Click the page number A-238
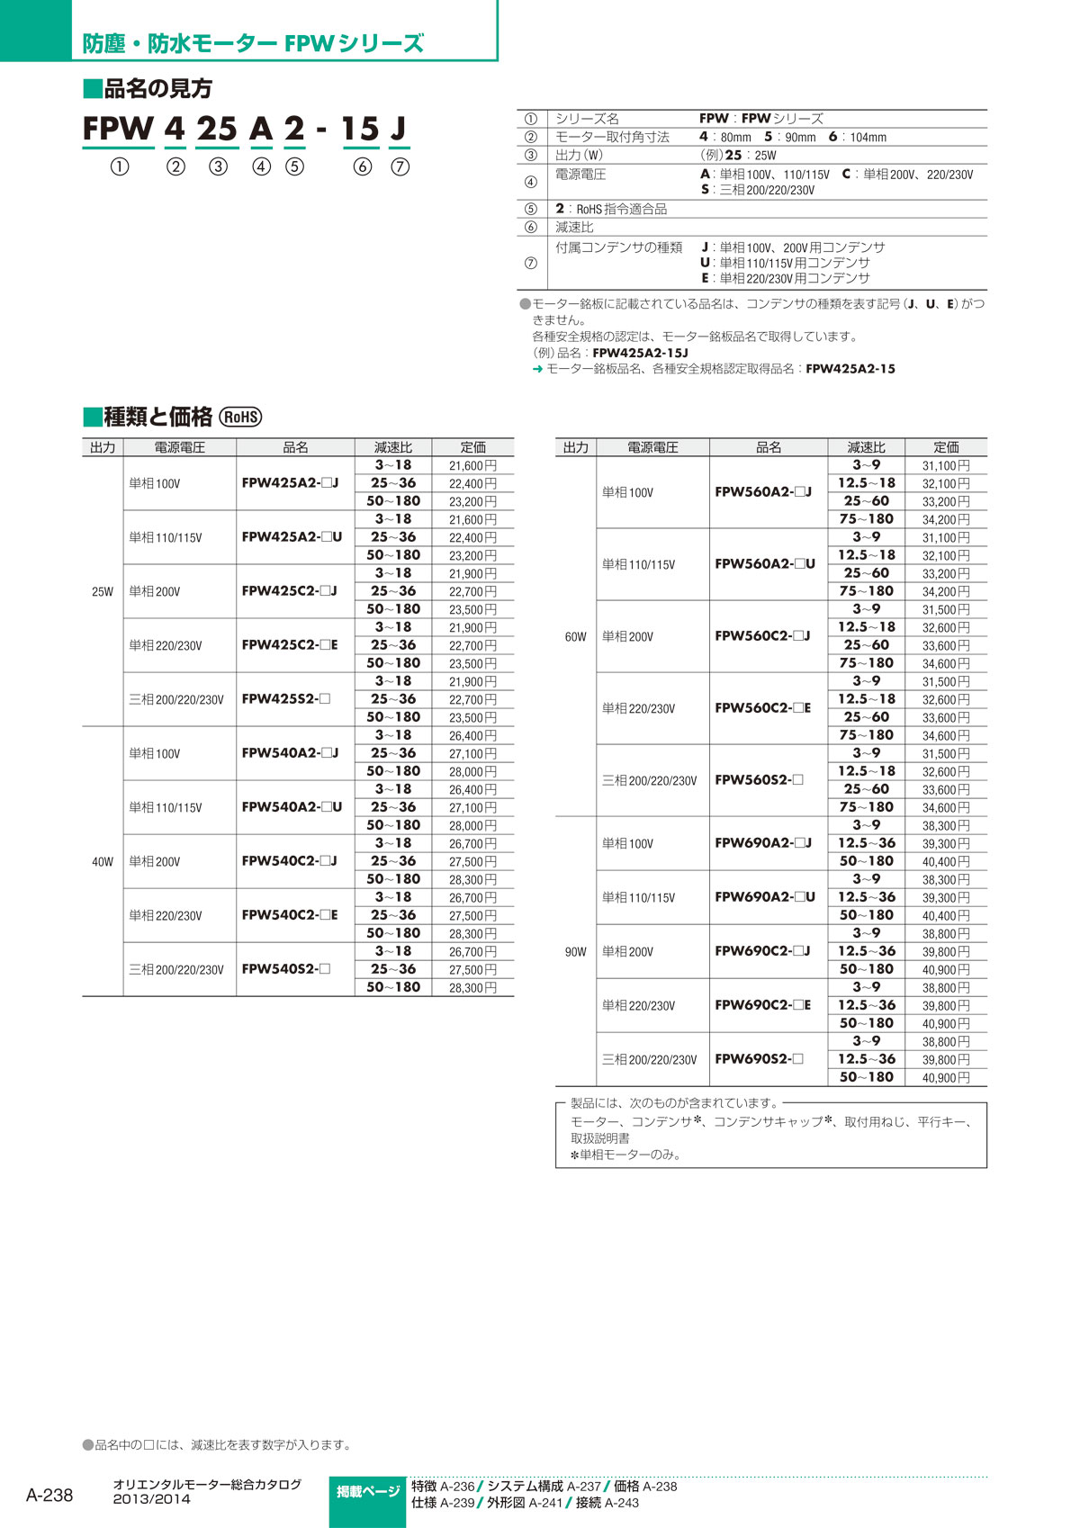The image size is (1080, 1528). [49, 1495]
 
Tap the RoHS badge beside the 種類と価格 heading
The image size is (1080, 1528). [241, 417]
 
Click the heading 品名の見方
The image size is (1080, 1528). [148, 88]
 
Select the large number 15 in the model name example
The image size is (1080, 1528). [360, 130]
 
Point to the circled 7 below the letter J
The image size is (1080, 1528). [400, 166]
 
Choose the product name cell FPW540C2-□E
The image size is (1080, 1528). [290, 915]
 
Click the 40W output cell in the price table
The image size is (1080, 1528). [103, 861]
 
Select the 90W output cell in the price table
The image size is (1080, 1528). [576, 951]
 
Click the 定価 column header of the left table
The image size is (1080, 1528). [473, 447]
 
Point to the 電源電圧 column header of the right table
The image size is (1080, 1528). [652, 447]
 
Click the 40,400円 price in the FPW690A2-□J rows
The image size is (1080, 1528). [946, 861]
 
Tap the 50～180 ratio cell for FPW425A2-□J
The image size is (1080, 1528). [393, 501]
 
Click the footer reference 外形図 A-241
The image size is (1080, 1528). [525, 1503]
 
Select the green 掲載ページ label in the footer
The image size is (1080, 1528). [368, 1492]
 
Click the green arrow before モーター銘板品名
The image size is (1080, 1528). [537, 369]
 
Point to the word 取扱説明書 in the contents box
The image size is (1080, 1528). [600, 1138]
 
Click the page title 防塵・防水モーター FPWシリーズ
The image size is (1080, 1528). [253, 43]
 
